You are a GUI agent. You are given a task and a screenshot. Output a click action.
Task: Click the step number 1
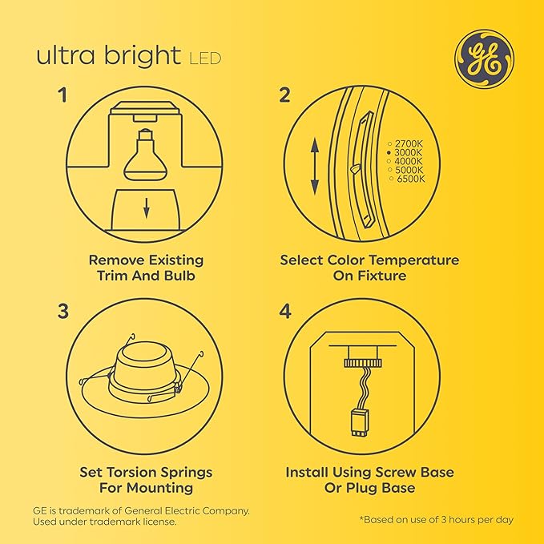coord(62,96)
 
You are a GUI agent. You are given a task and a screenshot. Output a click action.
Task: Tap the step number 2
coord(284,96)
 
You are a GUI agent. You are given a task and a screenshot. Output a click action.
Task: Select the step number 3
coord(62,312)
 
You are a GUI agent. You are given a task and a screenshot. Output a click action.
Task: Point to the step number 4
coord(284,312)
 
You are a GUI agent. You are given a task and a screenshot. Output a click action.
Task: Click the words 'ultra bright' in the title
coord(108,57)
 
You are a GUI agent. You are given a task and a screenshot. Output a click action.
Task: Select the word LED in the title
coord(205,58)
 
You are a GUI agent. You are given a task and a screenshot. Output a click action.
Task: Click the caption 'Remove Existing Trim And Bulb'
coord(146,268)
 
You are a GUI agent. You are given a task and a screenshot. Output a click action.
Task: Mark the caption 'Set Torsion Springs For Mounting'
coord(147,479)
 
